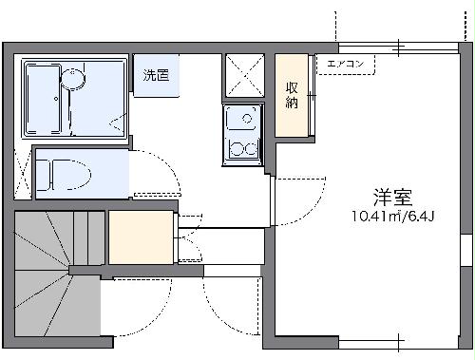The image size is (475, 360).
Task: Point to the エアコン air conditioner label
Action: click(346, 65)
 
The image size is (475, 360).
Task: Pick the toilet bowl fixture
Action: click(66, 176)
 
